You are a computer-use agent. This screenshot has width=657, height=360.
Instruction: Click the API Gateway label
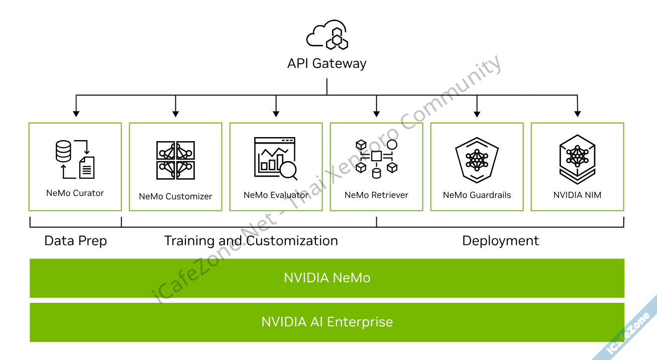pos(326,64)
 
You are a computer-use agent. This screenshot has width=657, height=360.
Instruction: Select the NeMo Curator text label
pos(75,193)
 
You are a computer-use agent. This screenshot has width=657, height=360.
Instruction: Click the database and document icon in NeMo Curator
pos(75,159)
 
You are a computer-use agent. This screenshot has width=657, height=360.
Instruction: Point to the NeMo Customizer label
pos(175,196)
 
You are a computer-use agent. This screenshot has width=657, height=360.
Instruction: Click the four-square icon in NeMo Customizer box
pos(175,160)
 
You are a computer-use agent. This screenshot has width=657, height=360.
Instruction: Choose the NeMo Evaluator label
pos(276,195)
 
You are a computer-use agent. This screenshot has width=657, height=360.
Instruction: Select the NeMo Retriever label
pos(376,195)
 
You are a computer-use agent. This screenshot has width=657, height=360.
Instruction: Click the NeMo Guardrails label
pos(477,195)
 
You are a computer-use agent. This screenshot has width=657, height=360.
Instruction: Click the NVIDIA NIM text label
pos(577,195)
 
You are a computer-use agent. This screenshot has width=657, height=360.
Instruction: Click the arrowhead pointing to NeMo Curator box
pos(75,113)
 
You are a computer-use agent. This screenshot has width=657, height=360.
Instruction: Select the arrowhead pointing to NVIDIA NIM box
pos(577,113)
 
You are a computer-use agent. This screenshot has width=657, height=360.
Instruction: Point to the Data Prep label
pos(76,241)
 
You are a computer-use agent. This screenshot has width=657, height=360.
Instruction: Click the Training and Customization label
pos(251,241)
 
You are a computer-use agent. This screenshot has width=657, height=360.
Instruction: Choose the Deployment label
pos(500,241)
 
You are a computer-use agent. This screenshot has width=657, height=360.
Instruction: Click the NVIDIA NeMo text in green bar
pos(327,278)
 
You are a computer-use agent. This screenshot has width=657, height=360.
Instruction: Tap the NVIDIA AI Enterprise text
pos(327,322)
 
